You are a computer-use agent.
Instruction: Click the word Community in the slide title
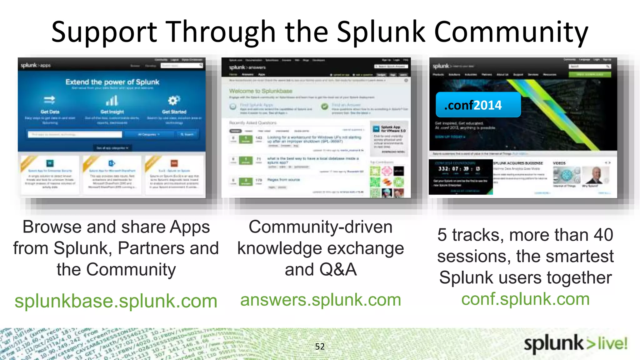[511, 32]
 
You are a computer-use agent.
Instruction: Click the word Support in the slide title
[104, 32]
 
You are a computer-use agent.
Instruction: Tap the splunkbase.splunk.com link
[116, 301]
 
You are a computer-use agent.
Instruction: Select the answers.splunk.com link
[321, 300]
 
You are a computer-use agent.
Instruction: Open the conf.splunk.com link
[525, 299]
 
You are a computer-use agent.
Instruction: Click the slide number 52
[320, 347]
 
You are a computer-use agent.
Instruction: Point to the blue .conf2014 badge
[478, 105]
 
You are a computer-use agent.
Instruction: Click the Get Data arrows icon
[49, 100]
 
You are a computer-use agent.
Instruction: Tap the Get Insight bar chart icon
[112, 101]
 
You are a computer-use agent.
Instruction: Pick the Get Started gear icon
[174, 100]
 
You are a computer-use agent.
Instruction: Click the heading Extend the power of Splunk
[112, 82]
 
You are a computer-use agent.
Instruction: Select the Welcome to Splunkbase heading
[261, 91]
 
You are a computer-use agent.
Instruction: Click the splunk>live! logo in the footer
[576, 344]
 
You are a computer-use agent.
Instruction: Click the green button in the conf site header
[590, 74]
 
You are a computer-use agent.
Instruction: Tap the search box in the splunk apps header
[182, 65]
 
